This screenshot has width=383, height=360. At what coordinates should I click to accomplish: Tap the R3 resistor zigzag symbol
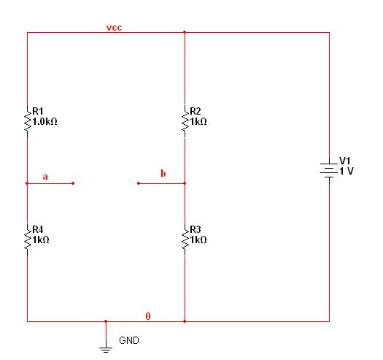(185, 240)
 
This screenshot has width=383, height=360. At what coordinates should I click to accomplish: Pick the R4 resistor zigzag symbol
(28, 240)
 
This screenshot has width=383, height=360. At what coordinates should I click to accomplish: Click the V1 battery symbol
(329, 170)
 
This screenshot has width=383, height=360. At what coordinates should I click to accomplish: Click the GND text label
(129, 340)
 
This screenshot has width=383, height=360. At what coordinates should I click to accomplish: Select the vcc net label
(114, 28)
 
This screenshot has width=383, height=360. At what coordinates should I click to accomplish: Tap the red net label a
(45, 177)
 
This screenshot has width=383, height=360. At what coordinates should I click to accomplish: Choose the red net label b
(163, 173)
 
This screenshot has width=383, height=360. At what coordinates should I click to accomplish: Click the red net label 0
(148, 316)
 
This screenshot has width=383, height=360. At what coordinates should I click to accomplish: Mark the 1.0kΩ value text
(45, 121)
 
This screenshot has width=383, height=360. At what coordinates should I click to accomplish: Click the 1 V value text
(347, 171)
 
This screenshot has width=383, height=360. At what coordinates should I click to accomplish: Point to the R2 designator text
(196, 111)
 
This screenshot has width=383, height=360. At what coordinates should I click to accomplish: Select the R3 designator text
(196, 229)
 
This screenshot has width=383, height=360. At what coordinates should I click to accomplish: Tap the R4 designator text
(38, 229)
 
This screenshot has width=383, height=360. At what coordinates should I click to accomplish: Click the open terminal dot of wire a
(73, 183)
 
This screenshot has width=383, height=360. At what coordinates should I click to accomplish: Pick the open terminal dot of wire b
(139, 183)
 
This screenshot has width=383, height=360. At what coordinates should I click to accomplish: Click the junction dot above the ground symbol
(106, 321)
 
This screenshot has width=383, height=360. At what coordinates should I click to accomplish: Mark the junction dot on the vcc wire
(185, 32)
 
